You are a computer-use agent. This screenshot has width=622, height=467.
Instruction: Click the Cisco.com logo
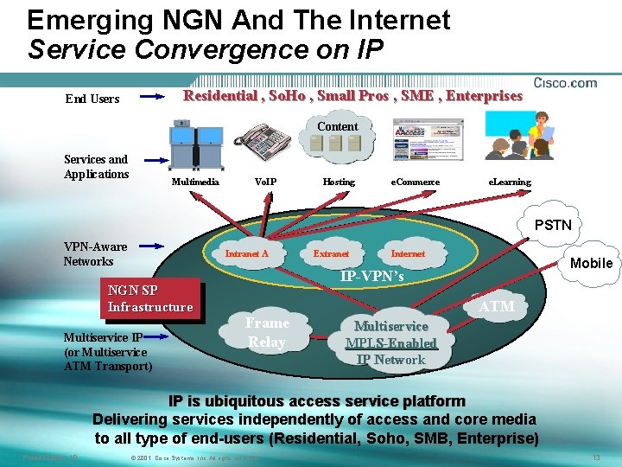pyautogui.click(x=565, y=83)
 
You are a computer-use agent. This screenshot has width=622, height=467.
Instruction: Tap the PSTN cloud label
pyautogui.click(x=553, y=225)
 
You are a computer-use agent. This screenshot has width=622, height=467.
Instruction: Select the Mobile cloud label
pyautogui.click(x=592, y=263)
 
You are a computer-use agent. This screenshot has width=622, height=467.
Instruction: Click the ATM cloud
pyautogui.click(x=497, y=306)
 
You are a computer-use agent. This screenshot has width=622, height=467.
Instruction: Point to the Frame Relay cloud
pyautogui.click(x=267, y=332)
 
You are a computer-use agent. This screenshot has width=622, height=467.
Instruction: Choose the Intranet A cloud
pyautogui.click(x=247, y=253)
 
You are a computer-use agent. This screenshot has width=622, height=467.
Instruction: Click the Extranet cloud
pyautogui.click(x=331, y=253)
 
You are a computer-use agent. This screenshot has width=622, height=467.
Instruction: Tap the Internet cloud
pyautogui.click(x=408, y=253)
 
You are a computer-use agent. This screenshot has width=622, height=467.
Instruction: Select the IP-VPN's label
pyautogui.click(x=371, y=277)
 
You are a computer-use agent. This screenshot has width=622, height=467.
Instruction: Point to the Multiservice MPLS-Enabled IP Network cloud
pyautogui.click(x=391, y=342)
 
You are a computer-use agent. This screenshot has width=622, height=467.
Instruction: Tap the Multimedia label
pyautogui.click(x=195, y=182)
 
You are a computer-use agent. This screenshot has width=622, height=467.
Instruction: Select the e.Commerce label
pyautogui.click(x=416, y=182)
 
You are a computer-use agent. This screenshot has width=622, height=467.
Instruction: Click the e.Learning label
pyautogui.click(x=510, y=182)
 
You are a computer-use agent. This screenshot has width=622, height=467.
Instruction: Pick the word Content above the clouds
pyautogui.click(x=337, y=126)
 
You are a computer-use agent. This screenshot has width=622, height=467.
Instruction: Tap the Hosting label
pyautogui.click(x=338, y=182)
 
